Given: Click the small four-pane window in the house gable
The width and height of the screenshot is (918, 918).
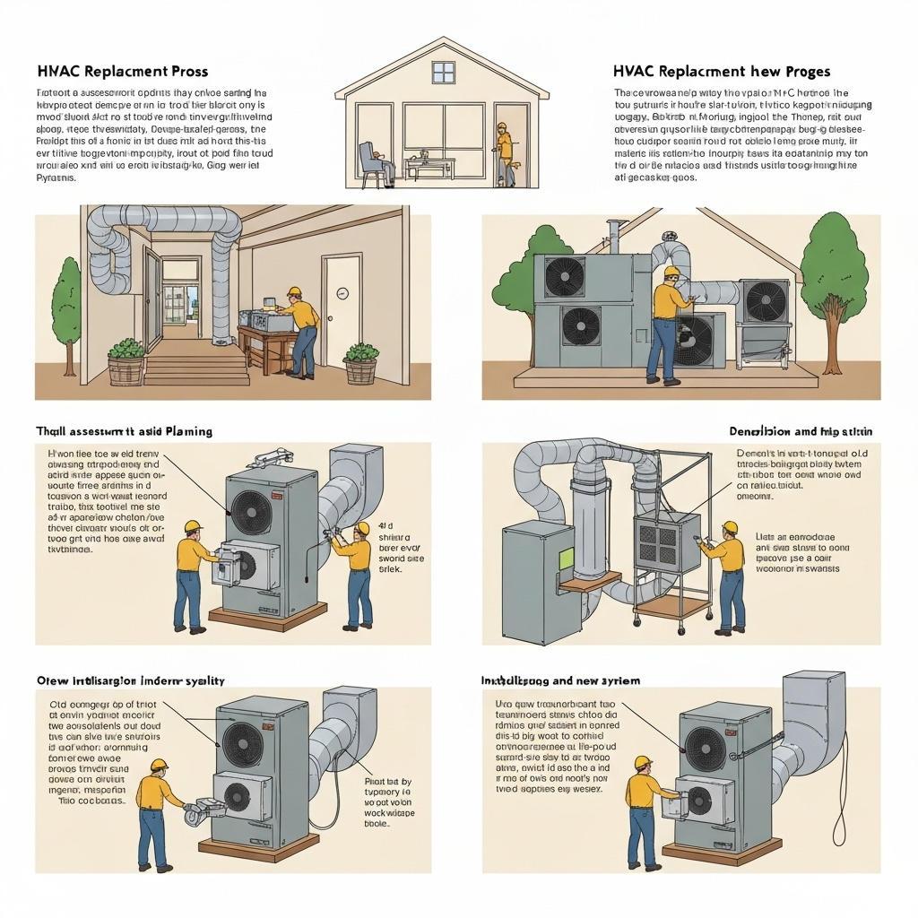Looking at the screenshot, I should point(443,72).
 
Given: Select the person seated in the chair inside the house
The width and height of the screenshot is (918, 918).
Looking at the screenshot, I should point(375,162).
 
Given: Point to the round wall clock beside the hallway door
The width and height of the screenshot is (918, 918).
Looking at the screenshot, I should point(342,293).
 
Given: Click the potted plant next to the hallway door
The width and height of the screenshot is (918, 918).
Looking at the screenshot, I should point(360,362).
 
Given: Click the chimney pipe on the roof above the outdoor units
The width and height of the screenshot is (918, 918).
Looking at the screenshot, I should point(614,234).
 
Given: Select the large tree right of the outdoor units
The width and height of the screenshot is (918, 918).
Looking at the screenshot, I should point(833,278).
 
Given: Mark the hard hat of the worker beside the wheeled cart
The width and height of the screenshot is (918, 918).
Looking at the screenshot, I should point(730,527).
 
